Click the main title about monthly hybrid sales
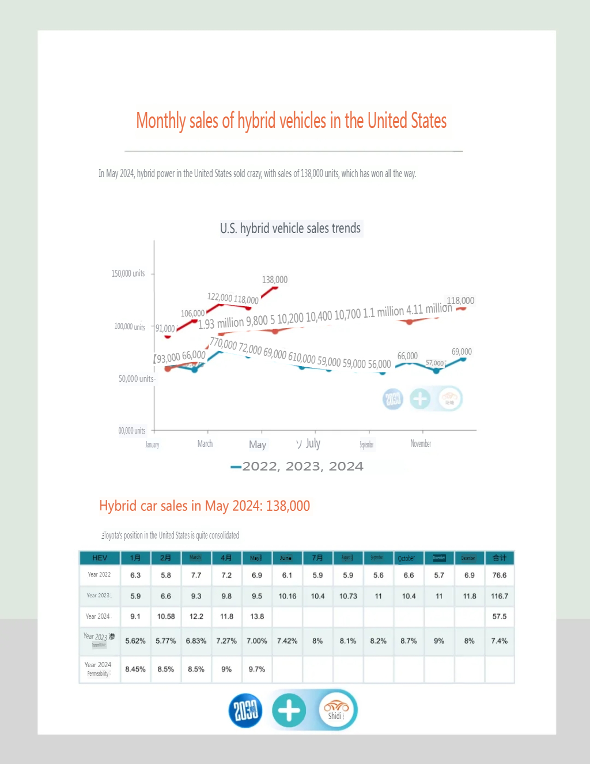click(291, 121)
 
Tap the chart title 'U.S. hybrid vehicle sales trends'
click(290, 228)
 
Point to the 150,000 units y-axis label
click(128, 273)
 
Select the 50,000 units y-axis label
click(136, 379)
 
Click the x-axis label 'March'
click(205, 443)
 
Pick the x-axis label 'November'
click(421, 443)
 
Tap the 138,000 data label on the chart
click(275, 280)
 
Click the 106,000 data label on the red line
click(192, 313)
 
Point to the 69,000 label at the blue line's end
click(462, 351)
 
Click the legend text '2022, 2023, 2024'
click(302, 466)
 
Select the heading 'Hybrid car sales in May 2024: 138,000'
click(205, 506)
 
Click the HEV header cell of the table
click(100, 558)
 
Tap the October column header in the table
click(406, 558)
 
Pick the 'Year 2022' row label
click(99, 574)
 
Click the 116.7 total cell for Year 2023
click(500, 596)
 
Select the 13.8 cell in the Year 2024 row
click(257, 616)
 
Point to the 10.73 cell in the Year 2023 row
click(348, 596)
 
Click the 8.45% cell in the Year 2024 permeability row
click(135, 669)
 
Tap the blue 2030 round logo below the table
click(245, 710)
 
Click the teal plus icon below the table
click(289, 710)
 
